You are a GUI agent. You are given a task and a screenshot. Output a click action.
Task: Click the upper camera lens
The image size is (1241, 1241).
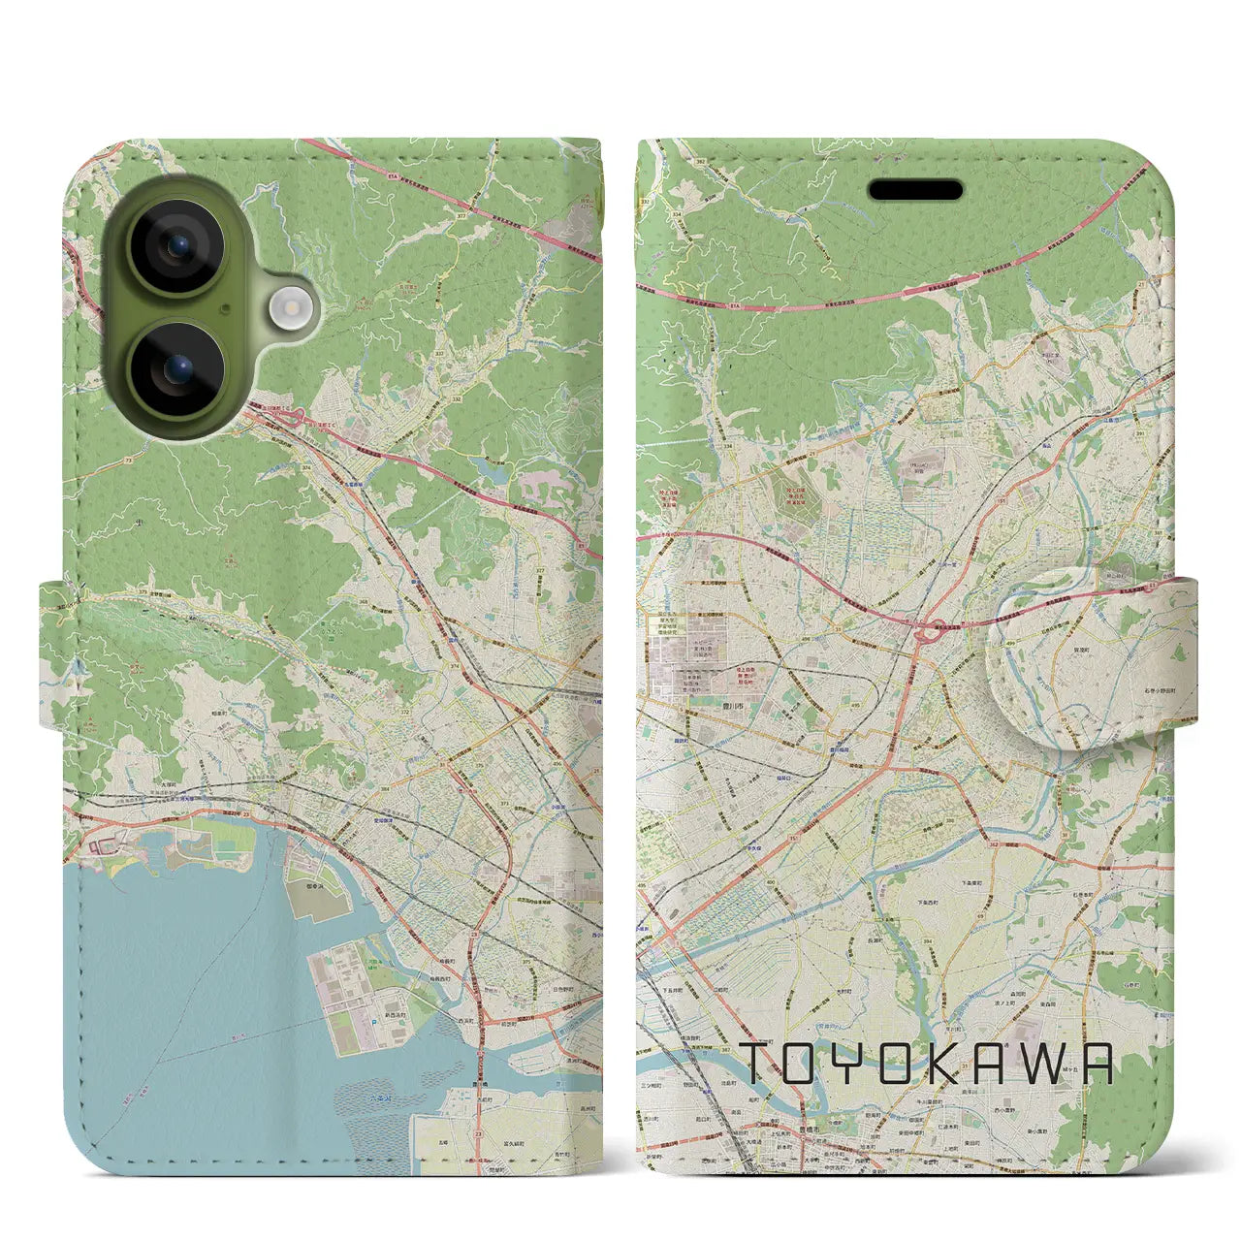[x=176, y=246]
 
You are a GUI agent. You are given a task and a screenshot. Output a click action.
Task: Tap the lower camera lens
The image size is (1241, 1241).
[x=176, y=369]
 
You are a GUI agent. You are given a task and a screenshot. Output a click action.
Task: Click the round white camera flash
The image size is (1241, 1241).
[x=287, y=308]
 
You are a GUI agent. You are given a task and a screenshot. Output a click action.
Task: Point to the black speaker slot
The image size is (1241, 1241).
[x=915, y=190]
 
